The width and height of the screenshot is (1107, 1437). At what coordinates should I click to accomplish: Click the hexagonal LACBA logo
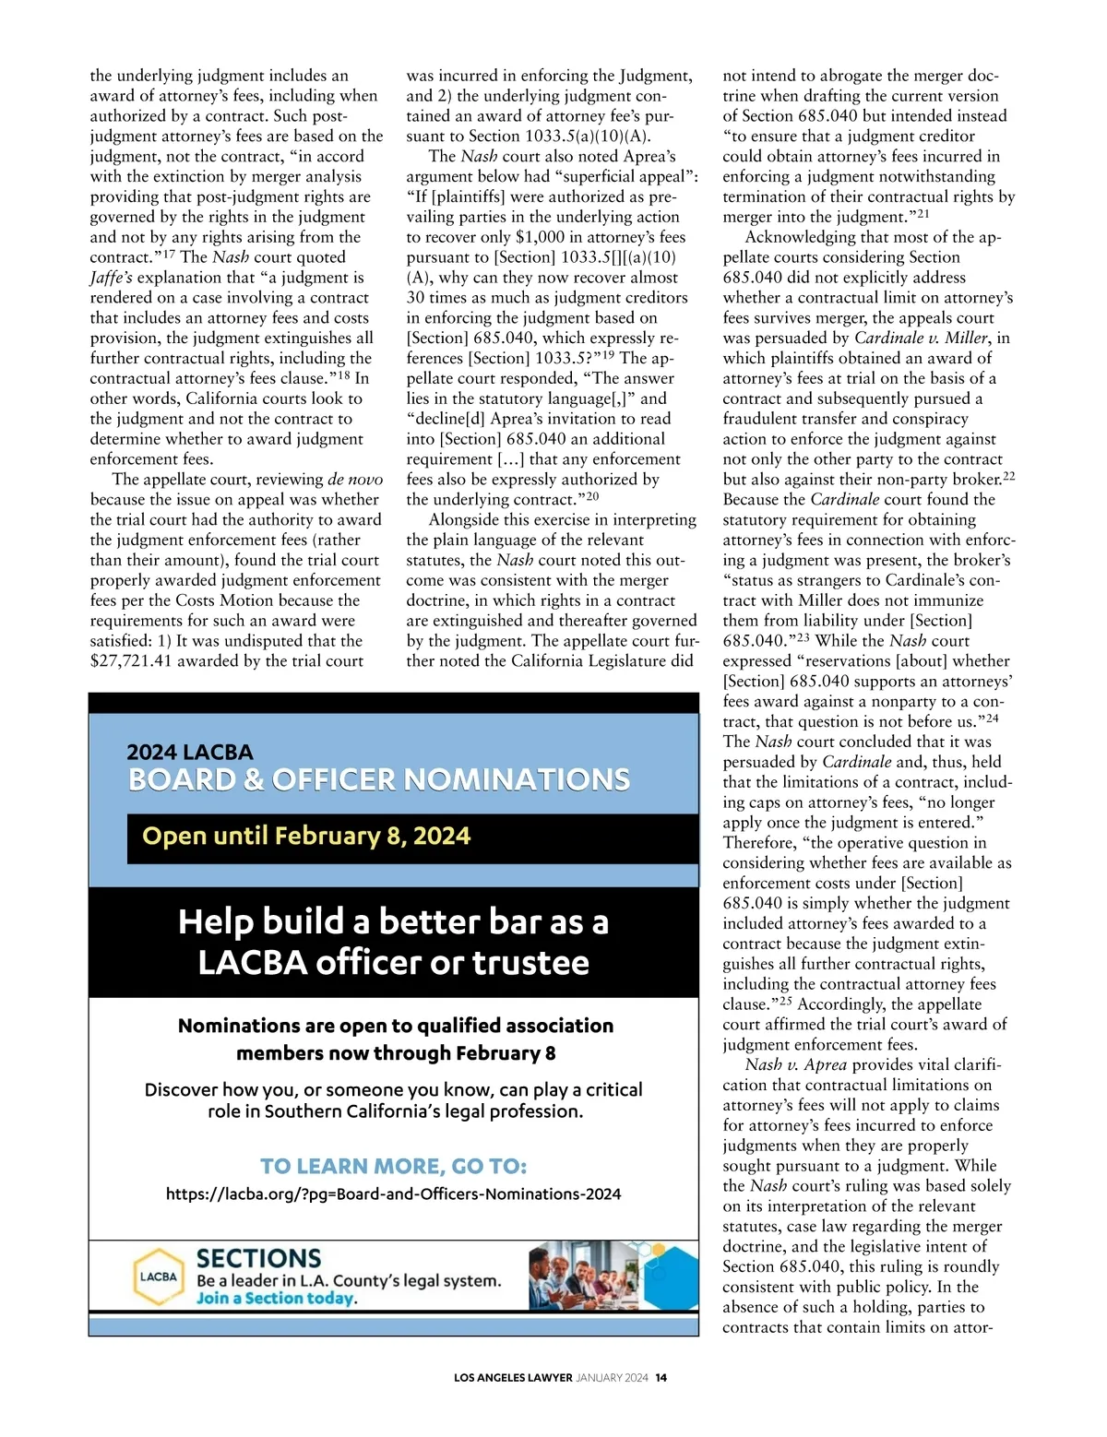158,1277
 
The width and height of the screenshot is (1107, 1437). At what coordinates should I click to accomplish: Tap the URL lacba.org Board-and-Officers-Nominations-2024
393,1194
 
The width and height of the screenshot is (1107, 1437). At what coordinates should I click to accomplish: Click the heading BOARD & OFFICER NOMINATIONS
379,779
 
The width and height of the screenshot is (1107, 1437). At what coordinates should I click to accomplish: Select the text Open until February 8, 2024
306,836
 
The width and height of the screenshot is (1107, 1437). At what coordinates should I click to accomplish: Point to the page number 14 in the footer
661,1378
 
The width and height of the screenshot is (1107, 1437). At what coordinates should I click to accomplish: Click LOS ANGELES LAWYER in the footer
513,1378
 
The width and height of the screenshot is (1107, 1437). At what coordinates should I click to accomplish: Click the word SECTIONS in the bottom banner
258,1258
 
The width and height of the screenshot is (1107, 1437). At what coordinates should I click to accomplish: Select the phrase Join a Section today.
275,1299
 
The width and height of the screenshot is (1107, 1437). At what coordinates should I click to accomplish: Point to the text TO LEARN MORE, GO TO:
393,1166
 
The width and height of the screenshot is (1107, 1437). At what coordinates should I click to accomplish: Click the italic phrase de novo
355,480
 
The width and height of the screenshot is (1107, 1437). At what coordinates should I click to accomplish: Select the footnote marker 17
169,254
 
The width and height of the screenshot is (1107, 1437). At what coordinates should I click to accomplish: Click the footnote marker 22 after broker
1008,476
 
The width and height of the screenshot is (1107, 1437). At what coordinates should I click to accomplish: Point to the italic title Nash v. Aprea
795,1065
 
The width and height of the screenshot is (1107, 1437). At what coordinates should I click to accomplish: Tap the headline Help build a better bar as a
393,921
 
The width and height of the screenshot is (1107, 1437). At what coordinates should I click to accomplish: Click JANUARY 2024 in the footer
613,1378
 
